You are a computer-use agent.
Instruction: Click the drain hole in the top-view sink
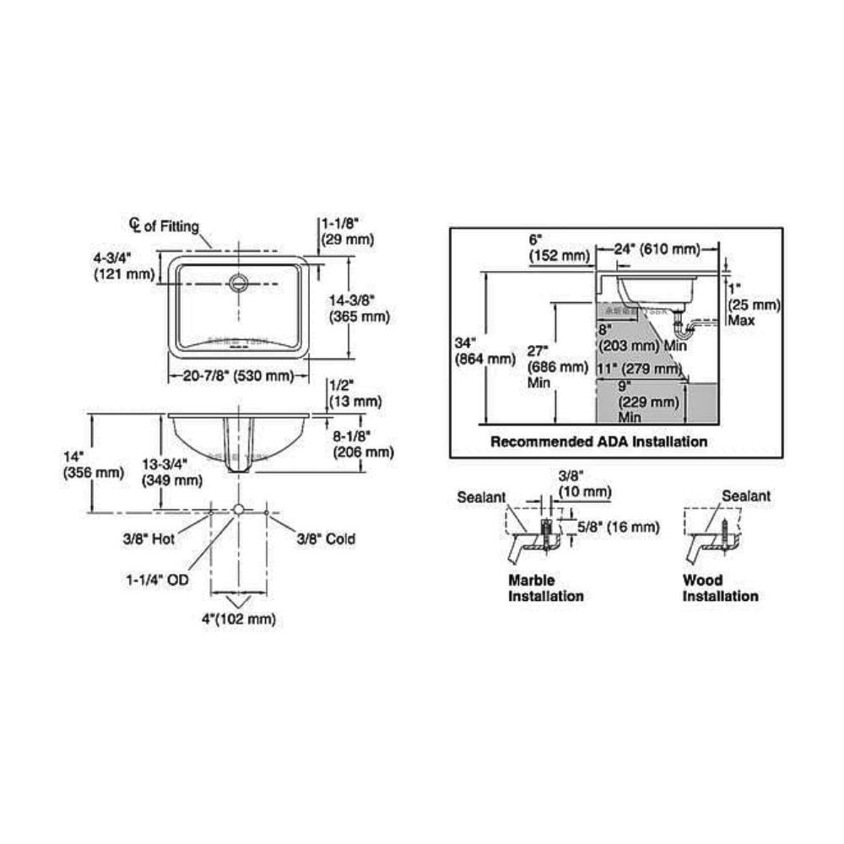click(x=239, y=281)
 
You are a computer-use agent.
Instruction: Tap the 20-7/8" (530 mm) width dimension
click(x=238, y=376)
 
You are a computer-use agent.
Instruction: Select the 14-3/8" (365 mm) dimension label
click(x=359, y=308)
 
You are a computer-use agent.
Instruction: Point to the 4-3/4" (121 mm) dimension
click(x=125, y=265)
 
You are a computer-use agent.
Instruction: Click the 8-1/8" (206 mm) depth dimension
click(x=361, y=444)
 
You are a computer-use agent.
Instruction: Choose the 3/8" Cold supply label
click(x=325, y=538)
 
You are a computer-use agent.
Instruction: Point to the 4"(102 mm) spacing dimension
click(x=240, y=619)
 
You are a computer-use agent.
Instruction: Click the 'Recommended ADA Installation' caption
click(x=599, y=441)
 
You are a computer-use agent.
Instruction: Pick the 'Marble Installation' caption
click(x=545, y=588)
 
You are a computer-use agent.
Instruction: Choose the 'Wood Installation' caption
click(x=720, y=588)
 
